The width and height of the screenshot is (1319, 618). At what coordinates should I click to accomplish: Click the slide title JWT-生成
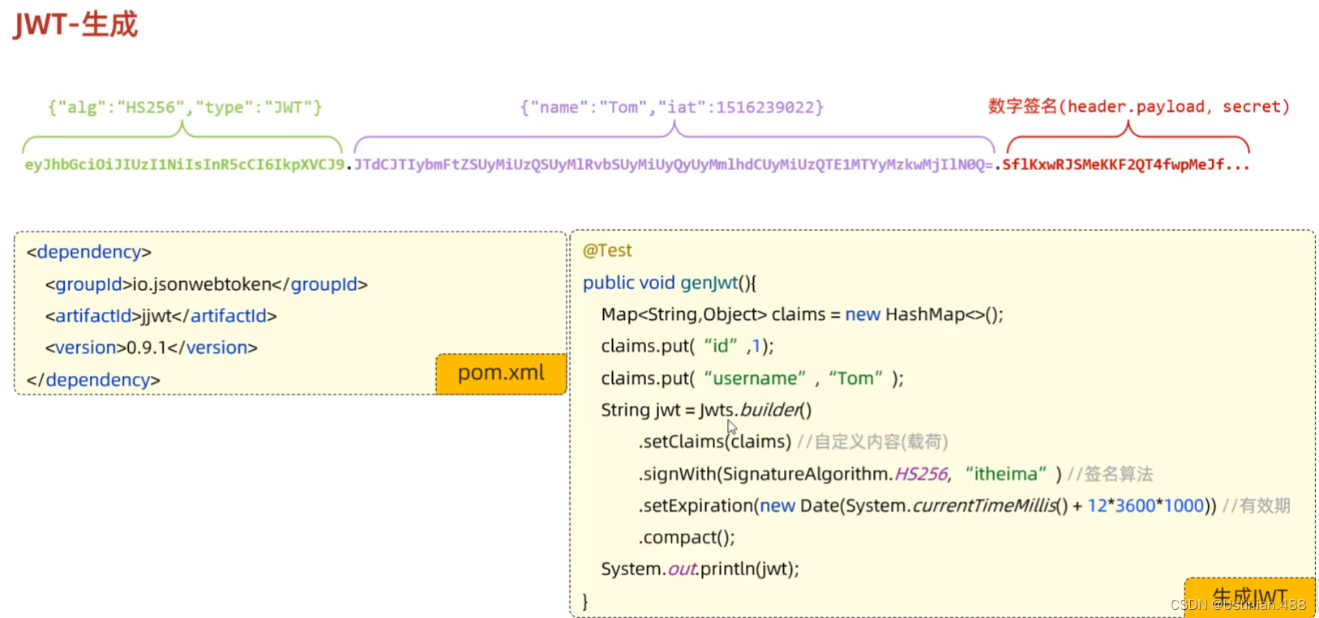click(x=75, y=24)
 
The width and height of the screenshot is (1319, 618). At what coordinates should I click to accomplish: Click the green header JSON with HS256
click(x=185, y=107)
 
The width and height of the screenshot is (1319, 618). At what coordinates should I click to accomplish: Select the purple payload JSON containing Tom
click(x=671, y=107)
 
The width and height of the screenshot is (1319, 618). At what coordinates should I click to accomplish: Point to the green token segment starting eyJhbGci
click(x=184, y=164)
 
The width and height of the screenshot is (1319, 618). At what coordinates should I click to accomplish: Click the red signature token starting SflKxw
click(x=1125, y=164)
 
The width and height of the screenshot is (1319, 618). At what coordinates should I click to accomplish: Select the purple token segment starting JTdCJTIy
click(x=673, y=164)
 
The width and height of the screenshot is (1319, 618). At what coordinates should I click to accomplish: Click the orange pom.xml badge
click(x=500, y=373)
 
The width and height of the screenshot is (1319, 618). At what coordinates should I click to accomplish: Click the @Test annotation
click(x=607, y=251)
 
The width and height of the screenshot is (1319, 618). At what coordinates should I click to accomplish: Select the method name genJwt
click(x=709, y=283)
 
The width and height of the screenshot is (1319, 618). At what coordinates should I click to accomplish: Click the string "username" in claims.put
click(x=755, y=378)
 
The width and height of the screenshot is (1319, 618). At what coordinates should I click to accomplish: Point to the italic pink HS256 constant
click(x=921, y=474)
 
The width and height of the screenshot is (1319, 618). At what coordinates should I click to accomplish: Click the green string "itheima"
click(x=1005, y=474)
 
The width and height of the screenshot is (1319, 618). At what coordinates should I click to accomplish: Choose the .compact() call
click(x=687, y=537)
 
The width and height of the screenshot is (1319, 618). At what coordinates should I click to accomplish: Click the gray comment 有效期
click(x=1265, y=505)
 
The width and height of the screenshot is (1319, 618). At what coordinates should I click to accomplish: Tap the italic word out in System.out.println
click(x=682, y=569)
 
